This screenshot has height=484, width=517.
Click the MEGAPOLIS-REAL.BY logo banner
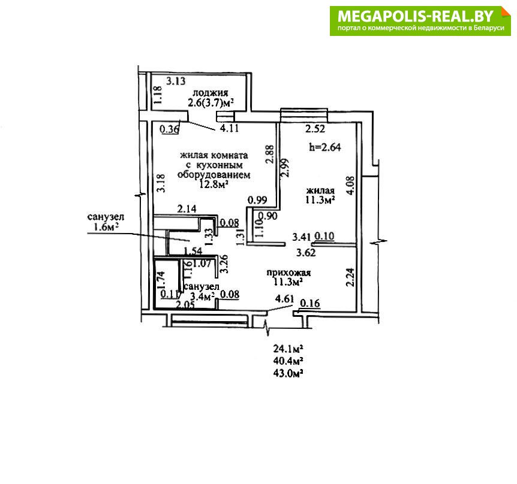point(420,21)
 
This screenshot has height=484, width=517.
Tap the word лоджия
point(211,93)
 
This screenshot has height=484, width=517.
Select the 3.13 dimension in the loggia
point(176,81)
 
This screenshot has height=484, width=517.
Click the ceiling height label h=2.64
point(324,147)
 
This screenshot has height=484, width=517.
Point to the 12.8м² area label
point(213,184)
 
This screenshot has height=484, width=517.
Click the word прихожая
point(288,273)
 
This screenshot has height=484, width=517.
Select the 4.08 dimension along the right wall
point(350,185)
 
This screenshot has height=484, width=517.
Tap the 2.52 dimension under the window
point(315,129)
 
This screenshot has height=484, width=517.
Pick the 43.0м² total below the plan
point(288,374)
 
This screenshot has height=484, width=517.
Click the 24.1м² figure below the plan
point(288,349)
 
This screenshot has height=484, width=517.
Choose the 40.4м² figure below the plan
point(288,361)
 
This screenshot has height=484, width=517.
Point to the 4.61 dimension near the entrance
point(284,299)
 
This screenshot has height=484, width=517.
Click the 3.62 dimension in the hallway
point(306,253)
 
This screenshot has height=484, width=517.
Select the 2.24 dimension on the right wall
point(351,277)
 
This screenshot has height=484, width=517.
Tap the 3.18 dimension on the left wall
point(161,183)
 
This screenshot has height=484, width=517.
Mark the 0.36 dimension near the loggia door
point(169,129)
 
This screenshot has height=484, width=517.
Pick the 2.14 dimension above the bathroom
point(187,208)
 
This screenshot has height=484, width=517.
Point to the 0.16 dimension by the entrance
point(310,303)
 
